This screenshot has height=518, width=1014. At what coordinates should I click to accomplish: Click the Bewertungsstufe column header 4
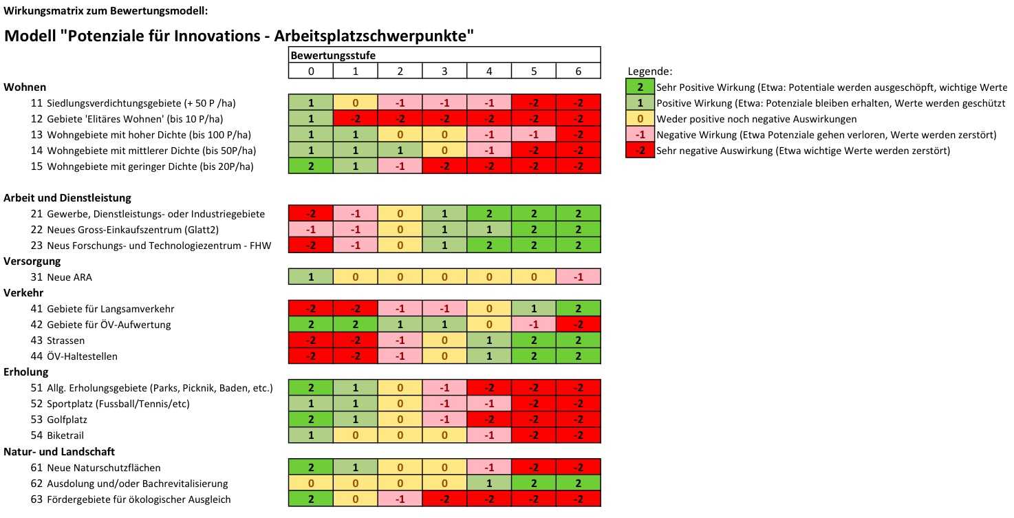489,71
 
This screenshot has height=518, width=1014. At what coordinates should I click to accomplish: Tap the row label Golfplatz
67,420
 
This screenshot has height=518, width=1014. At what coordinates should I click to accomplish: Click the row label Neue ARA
69,277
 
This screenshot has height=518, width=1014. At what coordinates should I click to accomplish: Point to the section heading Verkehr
23,293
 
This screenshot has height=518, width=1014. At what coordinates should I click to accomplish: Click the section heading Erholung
25,372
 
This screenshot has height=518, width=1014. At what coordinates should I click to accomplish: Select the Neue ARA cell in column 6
579,277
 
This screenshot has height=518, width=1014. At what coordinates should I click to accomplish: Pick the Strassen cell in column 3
444,341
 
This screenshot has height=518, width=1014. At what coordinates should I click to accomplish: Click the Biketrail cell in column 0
310,435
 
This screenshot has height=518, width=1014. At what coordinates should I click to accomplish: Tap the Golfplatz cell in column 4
489,420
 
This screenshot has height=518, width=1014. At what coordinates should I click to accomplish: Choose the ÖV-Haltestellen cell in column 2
400,356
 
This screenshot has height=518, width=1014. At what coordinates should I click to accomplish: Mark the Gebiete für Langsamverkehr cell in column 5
534,309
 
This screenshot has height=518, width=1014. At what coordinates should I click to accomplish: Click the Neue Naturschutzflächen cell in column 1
355,468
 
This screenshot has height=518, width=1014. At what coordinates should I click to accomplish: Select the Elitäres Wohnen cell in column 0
310,119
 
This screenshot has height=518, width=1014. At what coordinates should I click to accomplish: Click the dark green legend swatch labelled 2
640,87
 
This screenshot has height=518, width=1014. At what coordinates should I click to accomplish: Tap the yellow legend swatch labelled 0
640,119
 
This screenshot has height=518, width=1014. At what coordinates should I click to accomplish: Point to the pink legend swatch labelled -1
640,135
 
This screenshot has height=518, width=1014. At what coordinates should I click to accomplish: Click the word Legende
649,72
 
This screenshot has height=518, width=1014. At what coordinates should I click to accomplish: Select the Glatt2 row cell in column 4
489,230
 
